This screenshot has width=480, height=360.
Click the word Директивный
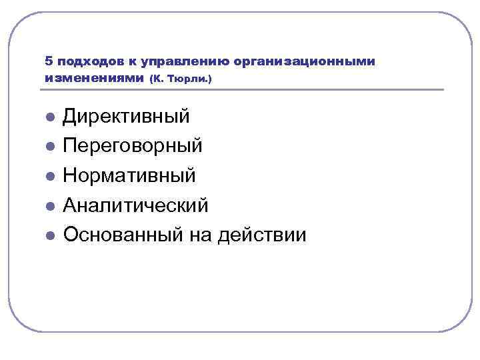126,117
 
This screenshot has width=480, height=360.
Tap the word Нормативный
129,175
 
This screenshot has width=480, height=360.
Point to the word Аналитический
135,205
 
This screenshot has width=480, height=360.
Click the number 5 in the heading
49,61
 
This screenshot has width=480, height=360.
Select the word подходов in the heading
89,61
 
